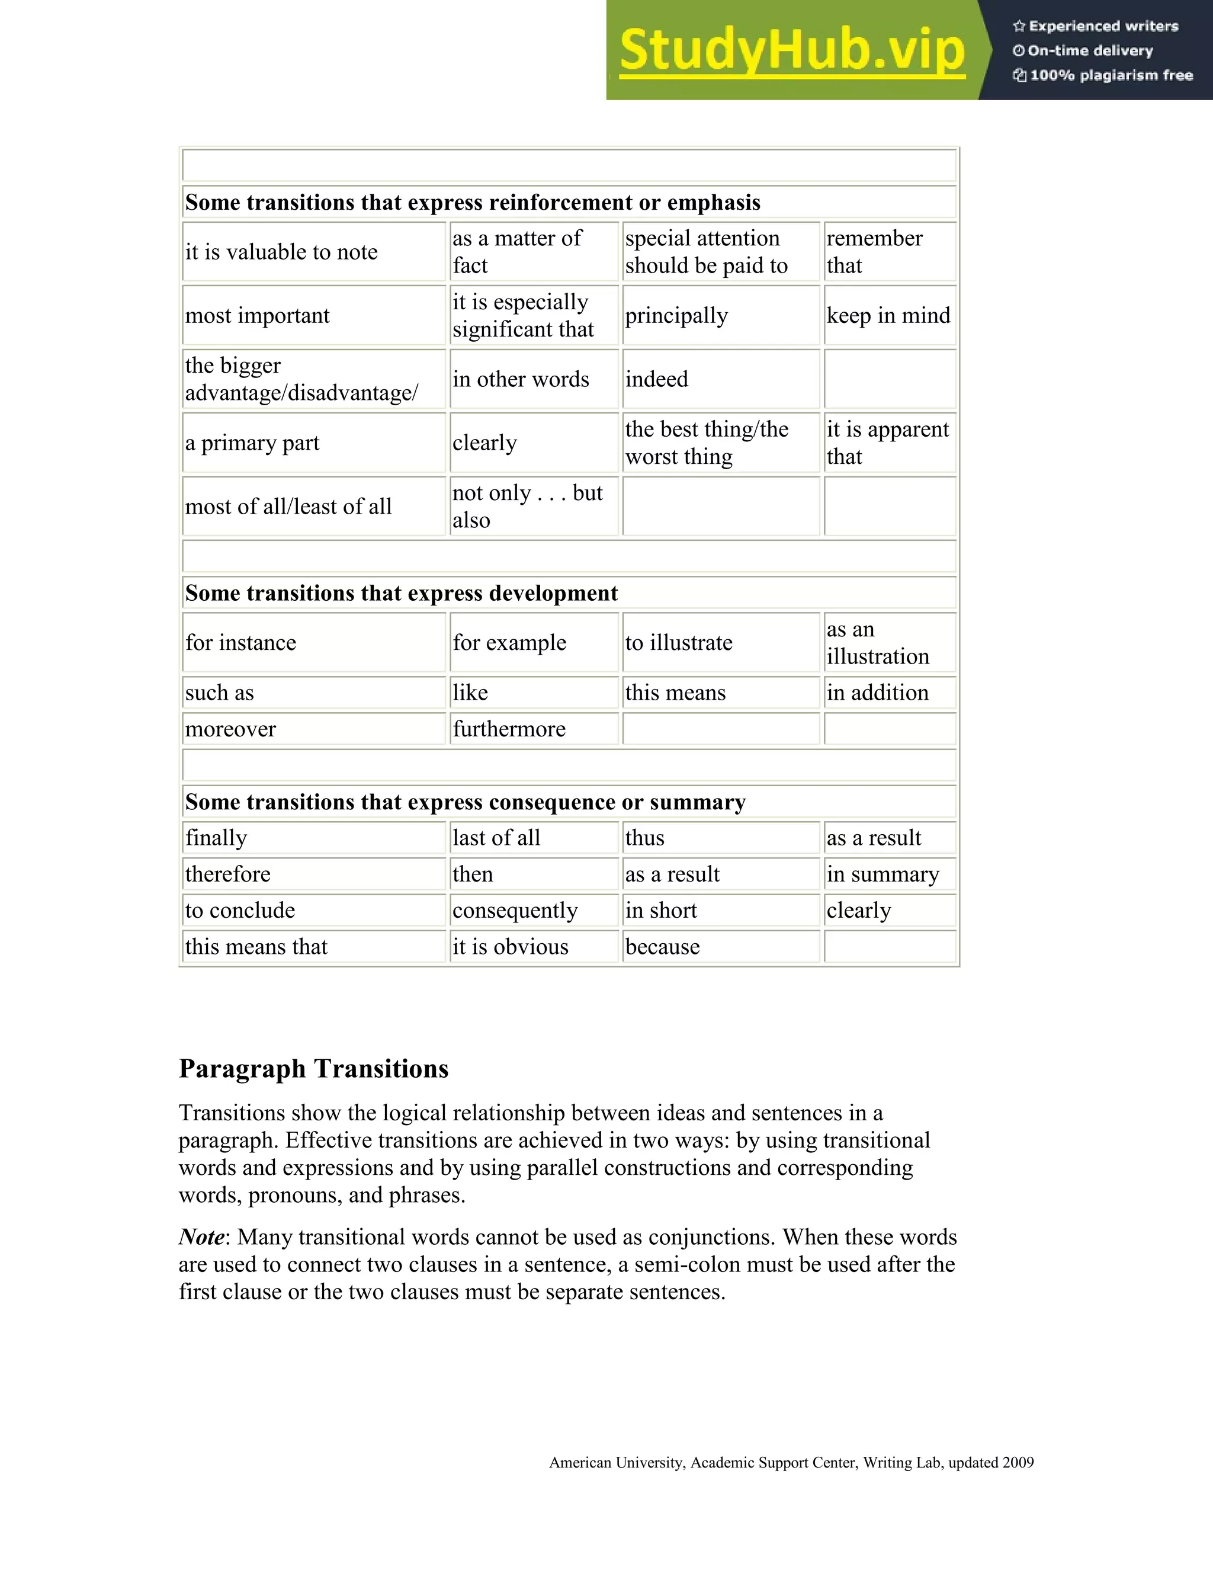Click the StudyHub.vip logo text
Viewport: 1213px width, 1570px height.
tap(791, 50)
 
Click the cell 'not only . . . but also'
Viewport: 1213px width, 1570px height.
tap(528, 506)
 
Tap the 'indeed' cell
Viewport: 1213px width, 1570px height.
tap(656, 379)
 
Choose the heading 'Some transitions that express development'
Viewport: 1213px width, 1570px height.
tap(401, 593)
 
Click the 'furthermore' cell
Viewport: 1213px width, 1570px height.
tap(509, 729)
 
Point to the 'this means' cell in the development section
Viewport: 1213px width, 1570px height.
tap(675, 692)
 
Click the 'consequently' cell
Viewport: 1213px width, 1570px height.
tap(515, 910)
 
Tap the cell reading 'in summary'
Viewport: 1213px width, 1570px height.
tap(883, 874)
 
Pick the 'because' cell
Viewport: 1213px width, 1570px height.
tap(662, 947)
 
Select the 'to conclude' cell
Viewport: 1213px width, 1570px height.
tap(240, 910)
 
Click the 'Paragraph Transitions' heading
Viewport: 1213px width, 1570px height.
tap(313, 1068)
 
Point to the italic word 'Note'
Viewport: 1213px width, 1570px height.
tap(201, 1237)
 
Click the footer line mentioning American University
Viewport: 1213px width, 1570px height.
tap(791, 1462)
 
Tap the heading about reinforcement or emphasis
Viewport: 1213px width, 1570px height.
tap(472, 203)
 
